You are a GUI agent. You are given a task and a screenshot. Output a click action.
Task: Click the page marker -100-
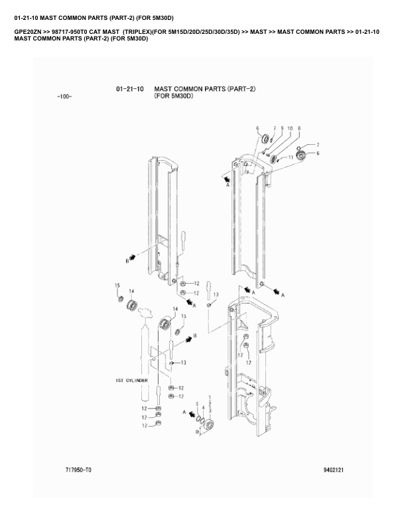(x=64, y=96)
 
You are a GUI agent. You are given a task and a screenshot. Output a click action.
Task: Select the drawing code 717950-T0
(x=78, y=470)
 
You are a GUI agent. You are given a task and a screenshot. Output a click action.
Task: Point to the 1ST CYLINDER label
(x=131, y=381)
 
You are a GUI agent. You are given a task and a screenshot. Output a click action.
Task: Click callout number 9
(x=282, y=128)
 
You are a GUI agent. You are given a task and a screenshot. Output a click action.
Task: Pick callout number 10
(x=290, y=128)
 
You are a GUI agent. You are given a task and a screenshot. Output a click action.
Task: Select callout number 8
(x=299, y=128)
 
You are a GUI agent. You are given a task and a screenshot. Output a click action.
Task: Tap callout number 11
(x=291, y=157)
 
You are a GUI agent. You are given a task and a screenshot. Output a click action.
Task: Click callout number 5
(x=197, y=404)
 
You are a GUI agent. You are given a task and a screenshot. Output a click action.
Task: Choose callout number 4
(x=204, y=408)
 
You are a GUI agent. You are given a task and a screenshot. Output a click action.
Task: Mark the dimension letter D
(x=197, y=432)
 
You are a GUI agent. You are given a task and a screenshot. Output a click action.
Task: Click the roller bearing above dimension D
(x=210, y=424)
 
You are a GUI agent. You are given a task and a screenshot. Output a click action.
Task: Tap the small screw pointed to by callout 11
(x=279, y=160)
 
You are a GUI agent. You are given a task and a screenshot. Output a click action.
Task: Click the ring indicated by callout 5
(x=198, y=418)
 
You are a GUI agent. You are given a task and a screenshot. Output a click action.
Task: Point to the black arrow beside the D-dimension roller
(x=192, y=414)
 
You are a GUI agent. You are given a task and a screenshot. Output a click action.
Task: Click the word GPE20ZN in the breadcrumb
(x=28, y=32)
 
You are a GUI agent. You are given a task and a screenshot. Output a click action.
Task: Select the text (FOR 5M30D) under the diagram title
(x=174, y=96)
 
